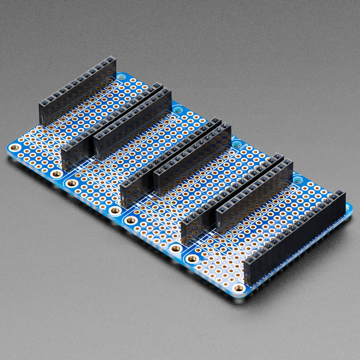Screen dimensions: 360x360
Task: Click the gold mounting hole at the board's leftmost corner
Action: (x=15, y=148)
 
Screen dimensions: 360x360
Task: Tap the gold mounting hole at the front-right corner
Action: (x=239, y=288)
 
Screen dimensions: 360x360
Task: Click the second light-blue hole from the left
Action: (x=178, y=110)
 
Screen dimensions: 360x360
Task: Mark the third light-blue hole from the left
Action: (x=236, y=144)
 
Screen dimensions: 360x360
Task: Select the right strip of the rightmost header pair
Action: (x=254, y=196)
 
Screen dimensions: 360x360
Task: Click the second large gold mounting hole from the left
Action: (x=57, y=174)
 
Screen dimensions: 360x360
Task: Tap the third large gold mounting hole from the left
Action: (x=72, y=183)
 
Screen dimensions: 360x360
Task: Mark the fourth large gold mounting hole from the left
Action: (x=115, y=210)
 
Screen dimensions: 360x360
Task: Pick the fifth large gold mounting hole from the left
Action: (x=130, y=220)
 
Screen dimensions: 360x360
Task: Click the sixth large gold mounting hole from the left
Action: (x=176, y=248)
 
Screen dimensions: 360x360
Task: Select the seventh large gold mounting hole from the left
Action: (x=192, y=258)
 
